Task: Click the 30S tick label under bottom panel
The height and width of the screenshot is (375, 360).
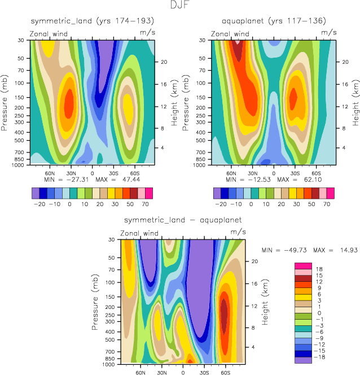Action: pos(204,372)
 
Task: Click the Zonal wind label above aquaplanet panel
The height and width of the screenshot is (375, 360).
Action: pos(230,34)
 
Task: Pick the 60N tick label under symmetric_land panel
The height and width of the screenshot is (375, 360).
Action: pos(49,172)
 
